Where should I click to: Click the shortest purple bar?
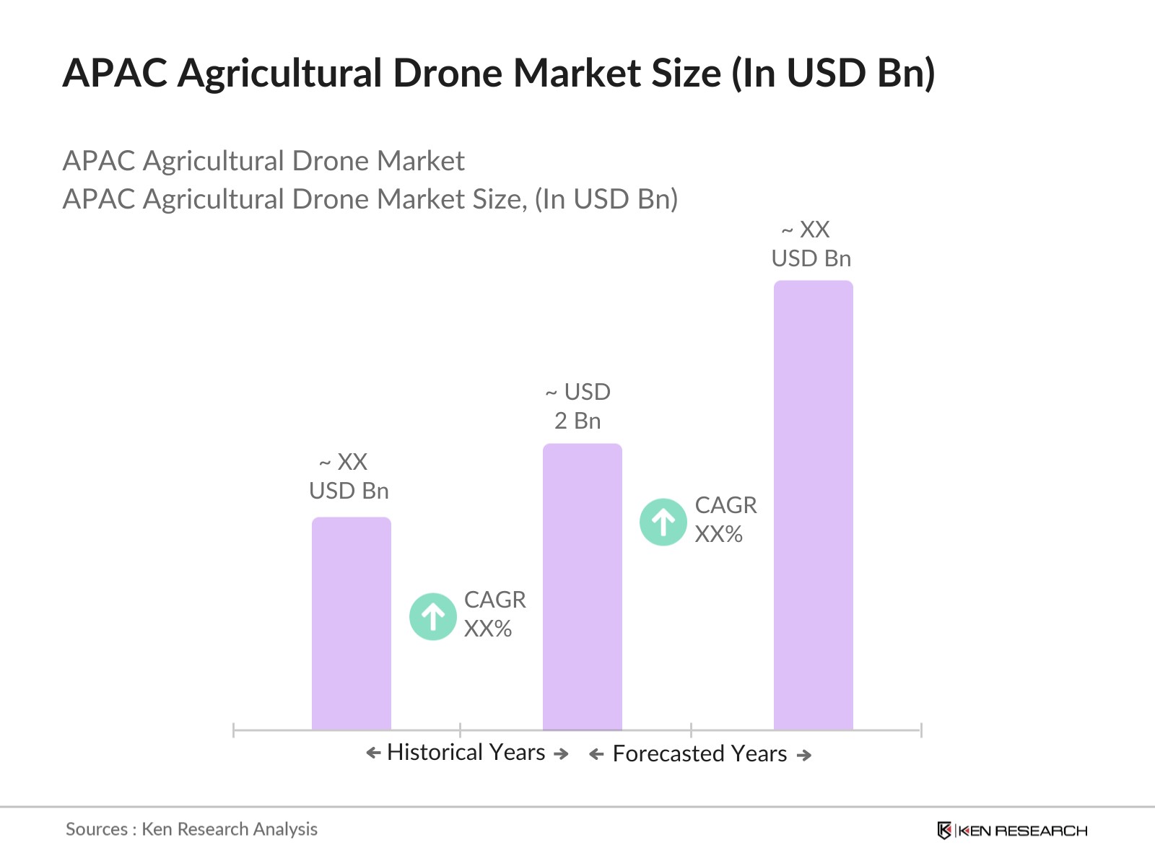[x=351, y=624]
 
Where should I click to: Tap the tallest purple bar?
[x=813, y=505]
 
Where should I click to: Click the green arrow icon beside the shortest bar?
[x=433, y=616]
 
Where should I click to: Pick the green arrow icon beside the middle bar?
[x=663, y=522]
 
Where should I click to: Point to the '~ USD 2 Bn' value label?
[x=577, y=406]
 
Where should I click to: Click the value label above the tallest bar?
[x=811, y=244]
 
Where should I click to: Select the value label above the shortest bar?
[x=349, y=476]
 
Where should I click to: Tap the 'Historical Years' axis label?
[x=466, y=752]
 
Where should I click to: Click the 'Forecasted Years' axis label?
[x=699, y=753]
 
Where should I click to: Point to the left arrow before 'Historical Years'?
[x=373, y=753]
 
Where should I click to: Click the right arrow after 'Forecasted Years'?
[x=803, y=755]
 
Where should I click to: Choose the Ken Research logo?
[x=1012, y=831]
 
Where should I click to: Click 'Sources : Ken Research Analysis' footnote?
[x=191, y=829]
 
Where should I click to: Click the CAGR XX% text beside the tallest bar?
[x=725, y=520]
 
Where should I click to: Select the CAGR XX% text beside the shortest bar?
[x=494, y=614]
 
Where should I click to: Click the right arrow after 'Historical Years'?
[x=561, y=753]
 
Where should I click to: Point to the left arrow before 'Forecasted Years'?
[x=596, y=755]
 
